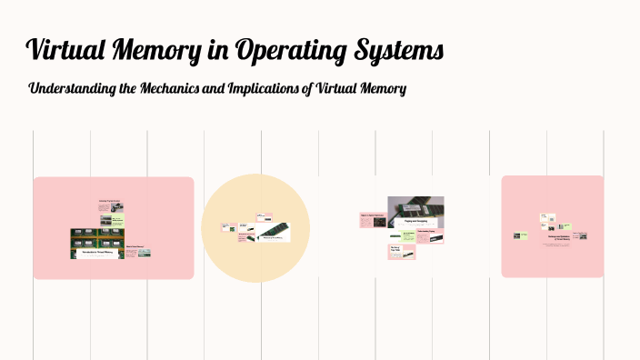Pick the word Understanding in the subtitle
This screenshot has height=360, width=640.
(72, 90)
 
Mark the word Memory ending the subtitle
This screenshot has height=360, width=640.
(384, 89)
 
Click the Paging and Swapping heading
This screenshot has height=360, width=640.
(415, 221)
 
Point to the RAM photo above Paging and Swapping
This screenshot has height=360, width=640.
(415, 206)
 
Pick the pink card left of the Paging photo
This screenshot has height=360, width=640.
(373, 219)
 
